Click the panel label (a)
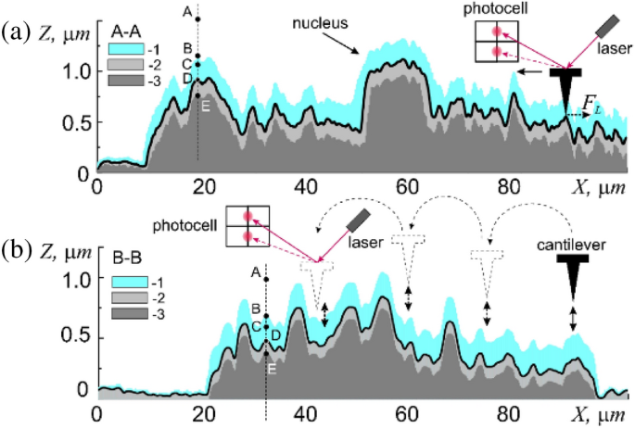click(x=16, y=32)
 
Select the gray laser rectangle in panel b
click(x=358, y=220)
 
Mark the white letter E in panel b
click(x=272, y=369)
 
